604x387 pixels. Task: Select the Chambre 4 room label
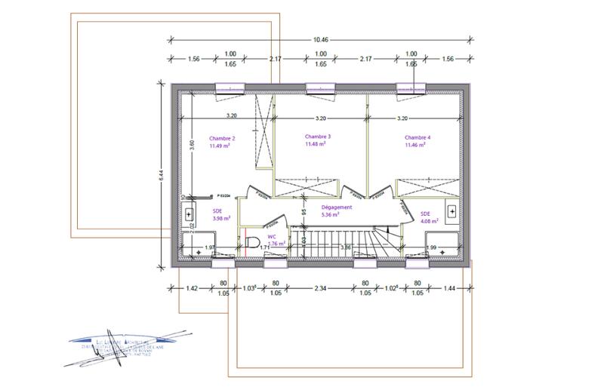click(417, 137)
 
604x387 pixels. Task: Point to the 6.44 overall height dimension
click(161, 174)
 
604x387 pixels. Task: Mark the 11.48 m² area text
click(318, 144)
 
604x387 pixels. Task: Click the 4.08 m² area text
click(430, 221)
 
